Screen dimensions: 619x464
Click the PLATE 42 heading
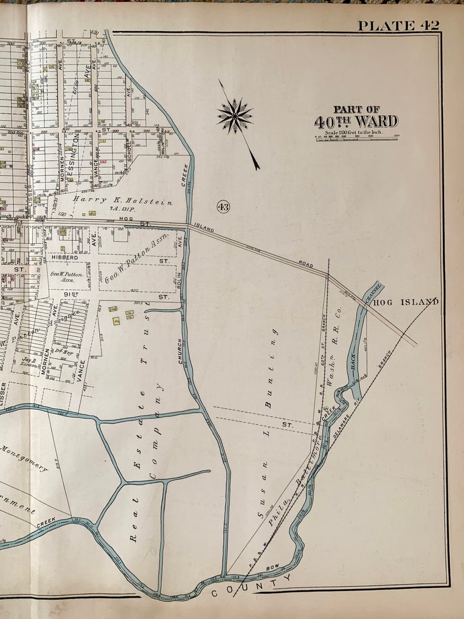click(x=398, y=25)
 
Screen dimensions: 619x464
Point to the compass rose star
click(x=234, y=115)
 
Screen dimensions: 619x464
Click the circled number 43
click(x=223, y=206)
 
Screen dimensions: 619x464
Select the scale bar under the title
click(x=356, y=138)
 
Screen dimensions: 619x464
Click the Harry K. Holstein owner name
click(x=123, y=202)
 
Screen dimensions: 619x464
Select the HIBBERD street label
click(x=64, y=257)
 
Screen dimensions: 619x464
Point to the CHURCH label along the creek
click(x=181, y=351)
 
